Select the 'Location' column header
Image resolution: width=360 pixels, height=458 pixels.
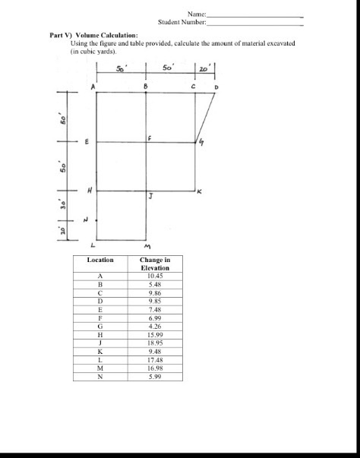[x=100, y=260]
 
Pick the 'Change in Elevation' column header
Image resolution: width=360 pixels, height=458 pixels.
[x=155, y=264]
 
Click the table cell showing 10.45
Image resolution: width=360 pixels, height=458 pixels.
[x=155, y=275]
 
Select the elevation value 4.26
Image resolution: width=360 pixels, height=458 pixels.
[x=155, y=326]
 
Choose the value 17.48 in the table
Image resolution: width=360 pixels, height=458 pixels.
[x=155, y=359]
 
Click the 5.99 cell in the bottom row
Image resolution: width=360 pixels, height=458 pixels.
[x=155, y=376]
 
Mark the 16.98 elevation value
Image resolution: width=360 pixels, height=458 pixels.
[x=155, y=368]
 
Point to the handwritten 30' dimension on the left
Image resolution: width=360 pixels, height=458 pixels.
[x=65, y=205]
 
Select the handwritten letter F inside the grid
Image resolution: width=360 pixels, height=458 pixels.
[x=150, y=137]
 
